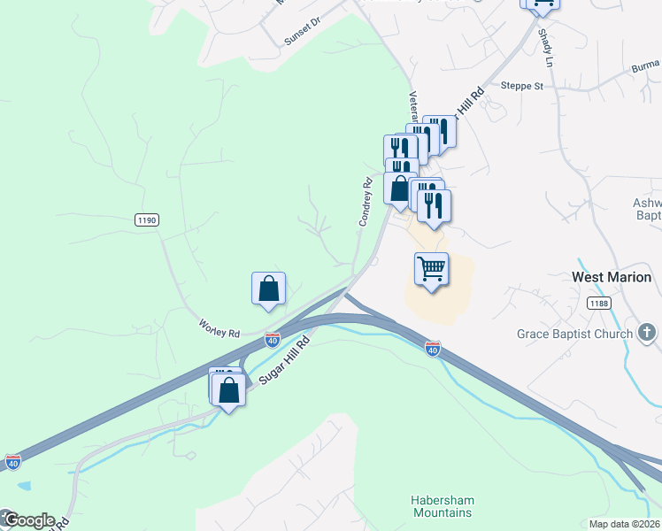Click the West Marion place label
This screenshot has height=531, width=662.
click(612, 277)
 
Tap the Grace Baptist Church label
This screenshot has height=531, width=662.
click(575, 334)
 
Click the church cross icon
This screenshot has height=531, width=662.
click(647, 333)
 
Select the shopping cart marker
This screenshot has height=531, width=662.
click(431, 268)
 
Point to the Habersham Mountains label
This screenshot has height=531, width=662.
click(442, 505)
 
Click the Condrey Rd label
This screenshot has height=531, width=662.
click(366, 202)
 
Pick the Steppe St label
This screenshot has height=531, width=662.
click(521, 86)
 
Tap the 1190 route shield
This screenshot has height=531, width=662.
click(147, 219)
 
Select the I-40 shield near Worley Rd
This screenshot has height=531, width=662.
click(272, 339)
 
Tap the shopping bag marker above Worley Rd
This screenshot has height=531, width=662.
click(268, 289)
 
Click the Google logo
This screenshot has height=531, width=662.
click(28, 520)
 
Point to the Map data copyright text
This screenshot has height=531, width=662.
click(625, 524)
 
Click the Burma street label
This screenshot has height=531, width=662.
click(646, 66)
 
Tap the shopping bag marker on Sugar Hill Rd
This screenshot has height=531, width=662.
click(229, 390)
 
